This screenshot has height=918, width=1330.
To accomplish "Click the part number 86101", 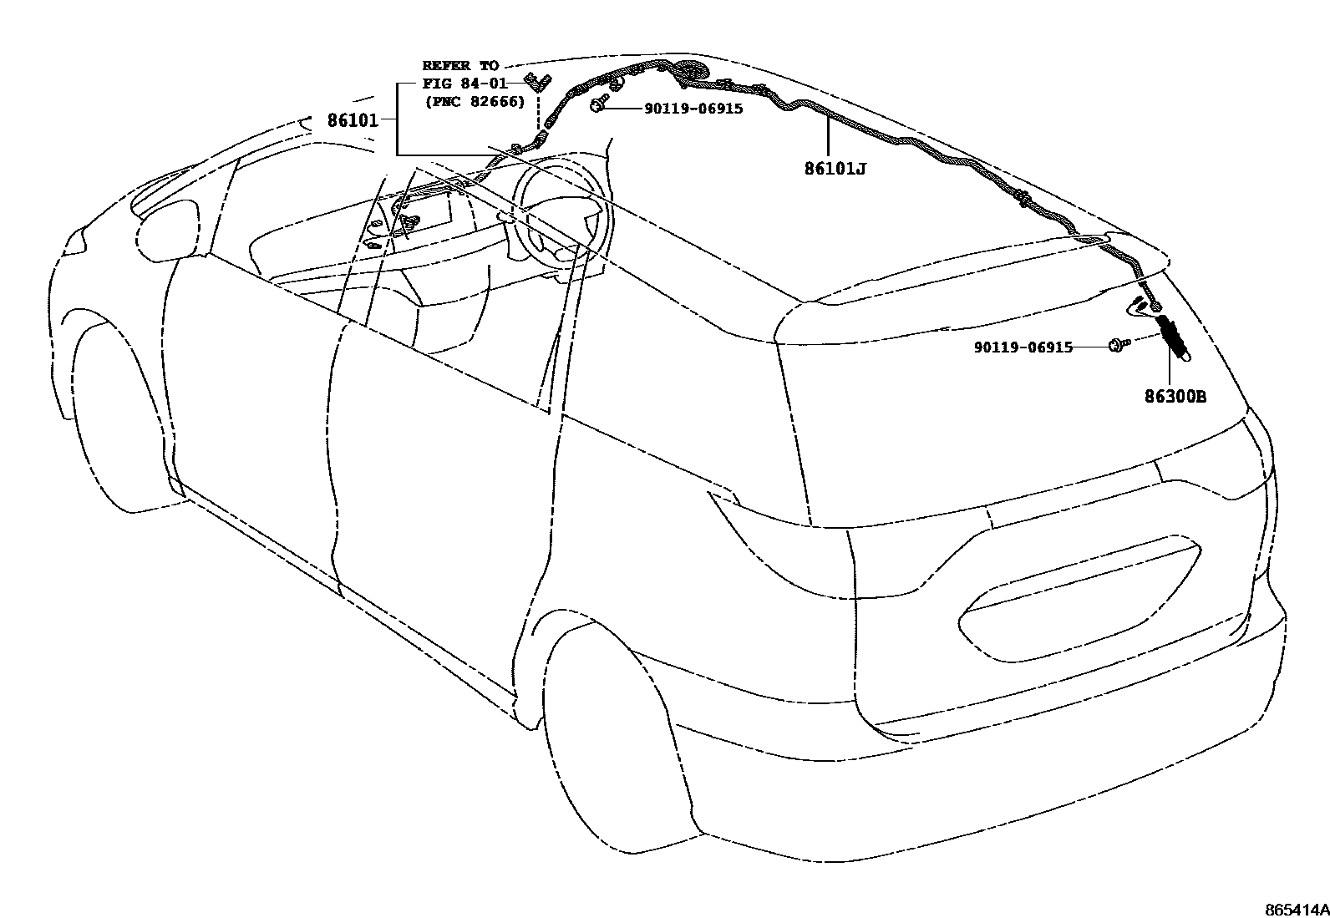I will click(352, 120).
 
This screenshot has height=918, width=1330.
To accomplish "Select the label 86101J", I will click(835, 169).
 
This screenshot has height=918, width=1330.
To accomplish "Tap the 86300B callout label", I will click(1175, 397).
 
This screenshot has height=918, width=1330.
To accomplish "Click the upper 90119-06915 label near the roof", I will click(693, 109).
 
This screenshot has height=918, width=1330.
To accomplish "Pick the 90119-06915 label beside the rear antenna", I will click(1023, 347).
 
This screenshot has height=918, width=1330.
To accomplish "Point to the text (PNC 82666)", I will click(475, 102).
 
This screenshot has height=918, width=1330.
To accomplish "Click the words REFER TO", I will click(459, 65).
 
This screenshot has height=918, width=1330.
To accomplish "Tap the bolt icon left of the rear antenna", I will click(1117, 344).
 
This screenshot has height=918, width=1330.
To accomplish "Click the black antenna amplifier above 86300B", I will click(1172, 337).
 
